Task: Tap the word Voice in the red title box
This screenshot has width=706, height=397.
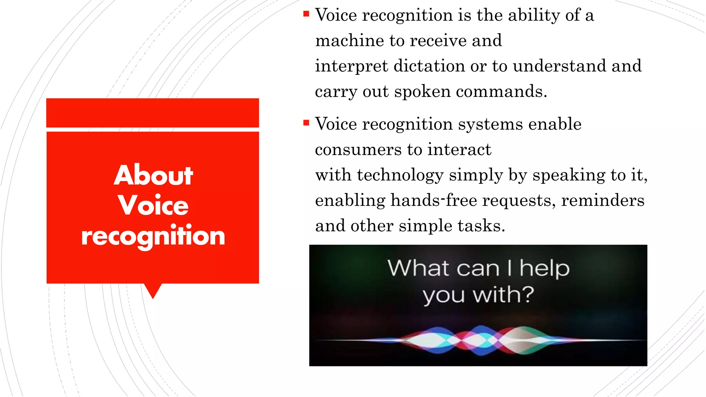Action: click(153, 205)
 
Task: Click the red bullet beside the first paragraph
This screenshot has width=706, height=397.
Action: click(306, 14)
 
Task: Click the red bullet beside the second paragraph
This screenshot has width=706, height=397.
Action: click(306, 123)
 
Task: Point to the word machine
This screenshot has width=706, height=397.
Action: click(350, 41)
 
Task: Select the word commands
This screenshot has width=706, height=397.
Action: click(501, 92)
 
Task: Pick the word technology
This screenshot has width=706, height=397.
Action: click(400, 175)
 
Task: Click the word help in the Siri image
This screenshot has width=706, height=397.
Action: click(544, 268)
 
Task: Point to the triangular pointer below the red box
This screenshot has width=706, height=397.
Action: click(153, 290)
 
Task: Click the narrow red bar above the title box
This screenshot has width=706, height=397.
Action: click(153, 113)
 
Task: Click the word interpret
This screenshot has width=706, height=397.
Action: click(351, 66)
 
